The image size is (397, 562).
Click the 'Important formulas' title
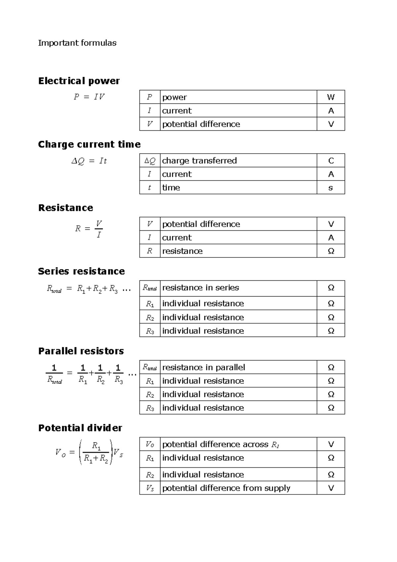point(77,43)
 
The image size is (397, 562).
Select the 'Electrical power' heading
point(79,81)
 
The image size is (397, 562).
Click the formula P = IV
point(89,97)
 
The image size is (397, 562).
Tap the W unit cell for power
point(331,97)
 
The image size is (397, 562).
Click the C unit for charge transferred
point(331,161)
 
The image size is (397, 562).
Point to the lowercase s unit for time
point(331,188)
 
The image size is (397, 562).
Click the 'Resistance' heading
point(66,208)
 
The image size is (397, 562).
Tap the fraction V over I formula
point(99,229)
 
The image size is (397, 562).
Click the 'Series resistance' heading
point(81,271)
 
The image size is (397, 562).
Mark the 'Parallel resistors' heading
point(81,351)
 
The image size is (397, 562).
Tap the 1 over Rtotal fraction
point(55,374)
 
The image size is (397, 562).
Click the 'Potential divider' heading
point(80,428)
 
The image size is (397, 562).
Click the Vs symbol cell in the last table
point(150,488)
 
